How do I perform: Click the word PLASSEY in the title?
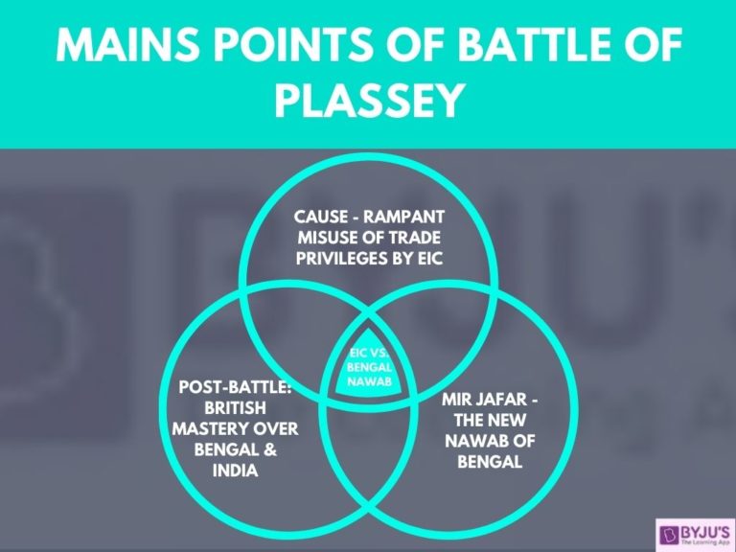click(368, 100)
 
